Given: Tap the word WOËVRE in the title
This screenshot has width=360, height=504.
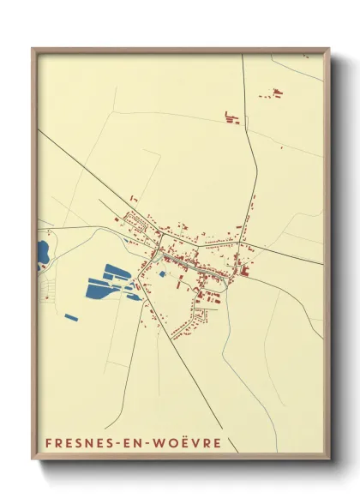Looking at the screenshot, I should pyautogui.click(x=189, y=443).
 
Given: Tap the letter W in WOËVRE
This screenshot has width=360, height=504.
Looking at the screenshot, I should pyautogui.click(x=163, y=443).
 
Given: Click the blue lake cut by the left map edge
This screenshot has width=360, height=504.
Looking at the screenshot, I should pyautogui.click(x=42, y=253).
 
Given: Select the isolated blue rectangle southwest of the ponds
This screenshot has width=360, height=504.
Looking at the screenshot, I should pyautogui.click(x=71, y=318).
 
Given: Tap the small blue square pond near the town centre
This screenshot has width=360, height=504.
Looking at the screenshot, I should pyautogui.click(x=161, y=274).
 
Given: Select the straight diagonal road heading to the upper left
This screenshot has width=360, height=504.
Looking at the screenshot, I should pyautogui.click(x=77, y=163).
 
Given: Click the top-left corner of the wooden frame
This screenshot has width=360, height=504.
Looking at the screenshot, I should pyautogui.click(x=33, y=50).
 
